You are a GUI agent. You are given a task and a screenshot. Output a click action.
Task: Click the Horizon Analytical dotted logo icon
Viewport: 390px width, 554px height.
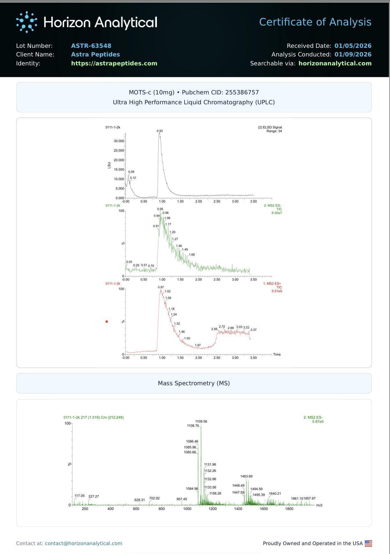tap(26, 22)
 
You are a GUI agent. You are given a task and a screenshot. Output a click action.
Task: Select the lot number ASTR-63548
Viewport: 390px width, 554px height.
tap(91, 46)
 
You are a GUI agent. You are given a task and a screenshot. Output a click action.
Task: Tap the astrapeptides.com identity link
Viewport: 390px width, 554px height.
tap(114, 63)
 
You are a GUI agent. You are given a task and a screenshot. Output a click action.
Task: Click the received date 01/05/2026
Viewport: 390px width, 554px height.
tap(353, 46)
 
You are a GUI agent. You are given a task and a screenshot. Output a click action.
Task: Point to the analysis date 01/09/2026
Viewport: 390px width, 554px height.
tap(353, 55)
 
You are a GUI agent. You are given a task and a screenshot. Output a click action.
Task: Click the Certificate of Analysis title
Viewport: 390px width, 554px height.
tap(315, 22)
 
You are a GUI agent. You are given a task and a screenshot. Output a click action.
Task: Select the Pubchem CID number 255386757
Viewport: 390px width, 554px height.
tap(242, 92)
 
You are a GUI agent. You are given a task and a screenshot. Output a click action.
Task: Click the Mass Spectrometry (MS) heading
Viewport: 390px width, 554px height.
tap(194, 383)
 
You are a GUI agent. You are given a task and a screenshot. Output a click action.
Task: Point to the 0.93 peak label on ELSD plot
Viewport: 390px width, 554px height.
tap(159, 131)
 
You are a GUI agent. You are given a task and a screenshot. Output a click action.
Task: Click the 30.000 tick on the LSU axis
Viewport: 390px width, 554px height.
tap(119, 141)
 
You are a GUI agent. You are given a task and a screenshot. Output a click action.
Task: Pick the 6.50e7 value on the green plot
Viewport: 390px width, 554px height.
tap(276, 213)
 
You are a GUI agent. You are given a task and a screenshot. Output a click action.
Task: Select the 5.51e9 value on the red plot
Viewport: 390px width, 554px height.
tap(276, 291)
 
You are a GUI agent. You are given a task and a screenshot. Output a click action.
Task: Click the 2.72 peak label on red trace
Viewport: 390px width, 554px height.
tap(222, 327)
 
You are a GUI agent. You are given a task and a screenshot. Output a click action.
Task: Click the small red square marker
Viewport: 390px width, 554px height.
tap(107, 321)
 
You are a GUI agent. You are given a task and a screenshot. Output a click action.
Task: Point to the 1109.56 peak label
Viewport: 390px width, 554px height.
tap(201, 422)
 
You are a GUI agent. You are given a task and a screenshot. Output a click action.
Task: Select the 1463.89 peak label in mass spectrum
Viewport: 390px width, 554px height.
tap(246, 476)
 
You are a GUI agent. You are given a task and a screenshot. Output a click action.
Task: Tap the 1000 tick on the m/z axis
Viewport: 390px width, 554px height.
tap(187, 509)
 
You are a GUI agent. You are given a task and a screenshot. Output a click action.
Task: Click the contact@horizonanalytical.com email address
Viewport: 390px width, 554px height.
tap(84, 543)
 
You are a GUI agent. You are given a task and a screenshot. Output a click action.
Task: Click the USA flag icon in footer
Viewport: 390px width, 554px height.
tap(368, 543)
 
